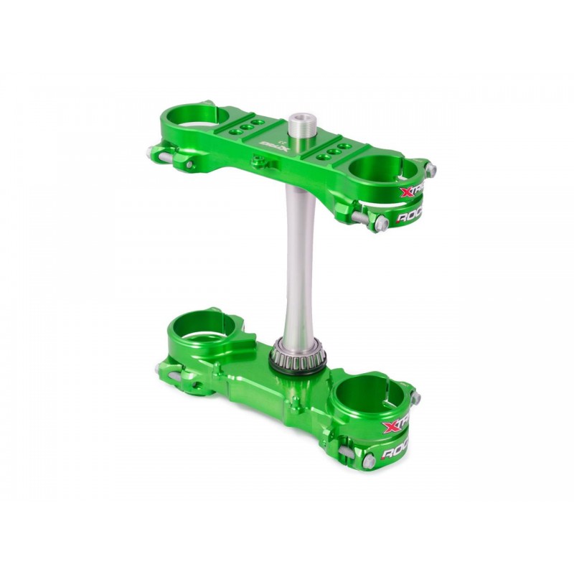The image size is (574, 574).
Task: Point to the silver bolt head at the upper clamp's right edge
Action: pyautogui.click(x=430, y=170)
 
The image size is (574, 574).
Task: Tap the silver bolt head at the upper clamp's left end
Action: pyautogui.click(x=152, y=152)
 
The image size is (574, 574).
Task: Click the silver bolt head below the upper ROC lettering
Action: pyautogui.click(x=382, y=225)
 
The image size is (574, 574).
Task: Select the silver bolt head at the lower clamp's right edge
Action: pyautogui.click(x=416, y=397)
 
